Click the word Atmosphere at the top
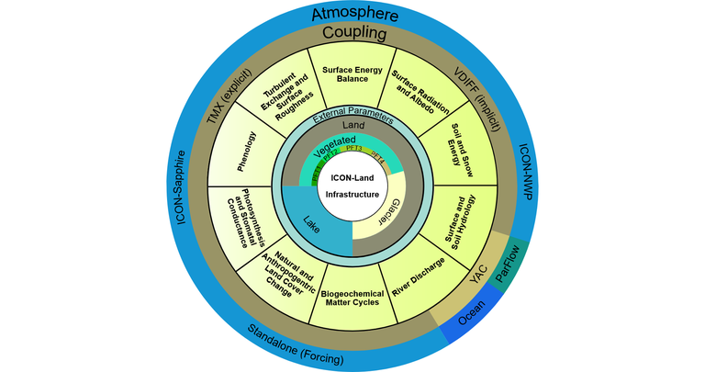(x=352, y=14)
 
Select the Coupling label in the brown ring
(x=352, y=34)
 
